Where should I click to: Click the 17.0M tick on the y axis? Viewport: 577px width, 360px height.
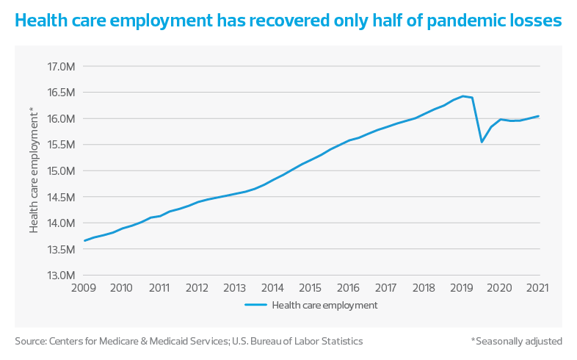pyautogui.click(x=62, y=67)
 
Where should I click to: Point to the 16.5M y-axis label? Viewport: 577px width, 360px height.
pyautogui.click(x=62, y=93)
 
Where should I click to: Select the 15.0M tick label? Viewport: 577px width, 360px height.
pyautogui.click(x=62, y=171)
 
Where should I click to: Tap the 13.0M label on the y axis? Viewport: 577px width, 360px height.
pyautogui.click(x=62, y=276)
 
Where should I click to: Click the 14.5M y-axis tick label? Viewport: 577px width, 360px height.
pyautogui.click(x=62, y=197)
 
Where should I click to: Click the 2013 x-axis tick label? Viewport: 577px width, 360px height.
pyautogui.click(x=235, y=287)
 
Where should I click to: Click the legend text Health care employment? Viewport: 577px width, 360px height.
pyautogui.click(x=324, y=304)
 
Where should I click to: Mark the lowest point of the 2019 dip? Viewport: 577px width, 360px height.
pyautogui.click(x=482, y=142)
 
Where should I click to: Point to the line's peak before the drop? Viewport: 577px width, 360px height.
pyautogui.click(x=464, y=96)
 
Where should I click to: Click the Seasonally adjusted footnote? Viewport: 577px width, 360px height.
pyautogui.click(x=517, y=341)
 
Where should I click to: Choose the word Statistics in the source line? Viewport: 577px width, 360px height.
pyautogui.click(x=340, y=341)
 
